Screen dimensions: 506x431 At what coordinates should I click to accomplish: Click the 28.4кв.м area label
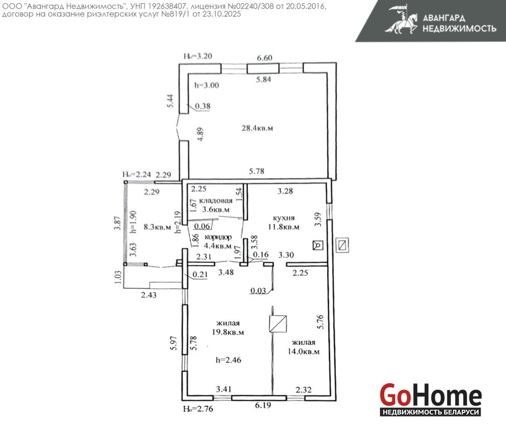257,128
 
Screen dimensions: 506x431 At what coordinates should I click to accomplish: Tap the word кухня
283,218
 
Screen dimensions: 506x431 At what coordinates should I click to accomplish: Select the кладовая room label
216,200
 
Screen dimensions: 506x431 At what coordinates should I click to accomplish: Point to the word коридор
218,237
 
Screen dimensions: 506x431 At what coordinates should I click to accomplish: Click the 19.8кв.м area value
228,332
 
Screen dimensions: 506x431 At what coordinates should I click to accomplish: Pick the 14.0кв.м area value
303,351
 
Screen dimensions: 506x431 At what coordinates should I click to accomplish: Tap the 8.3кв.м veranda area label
157,227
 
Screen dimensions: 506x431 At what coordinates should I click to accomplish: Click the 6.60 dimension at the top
265,58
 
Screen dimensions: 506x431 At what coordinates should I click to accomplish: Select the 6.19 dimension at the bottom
263,405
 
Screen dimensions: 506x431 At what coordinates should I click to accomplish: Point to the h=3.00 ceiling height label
206,85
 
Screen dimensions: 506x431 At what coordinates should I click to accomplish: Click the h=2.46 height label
228,360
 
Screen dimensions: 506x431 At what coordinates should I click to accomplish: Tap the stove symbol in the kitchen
318,246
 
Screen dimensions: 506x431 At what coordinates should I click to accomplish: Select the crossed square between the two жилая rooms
278,324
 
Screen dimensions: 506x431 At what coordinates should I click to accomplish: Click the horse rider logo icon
401,20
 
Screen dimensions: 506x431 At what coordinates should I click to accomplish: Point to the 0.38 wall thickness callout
203,106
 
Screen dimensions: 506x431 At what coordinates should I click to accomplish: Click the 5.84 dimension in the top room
264,79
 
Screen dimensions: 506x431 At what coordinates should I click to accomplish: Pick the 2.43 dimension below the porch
149,295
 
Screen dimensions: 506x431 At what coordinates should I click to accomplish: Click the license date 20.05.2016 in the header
306,6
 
